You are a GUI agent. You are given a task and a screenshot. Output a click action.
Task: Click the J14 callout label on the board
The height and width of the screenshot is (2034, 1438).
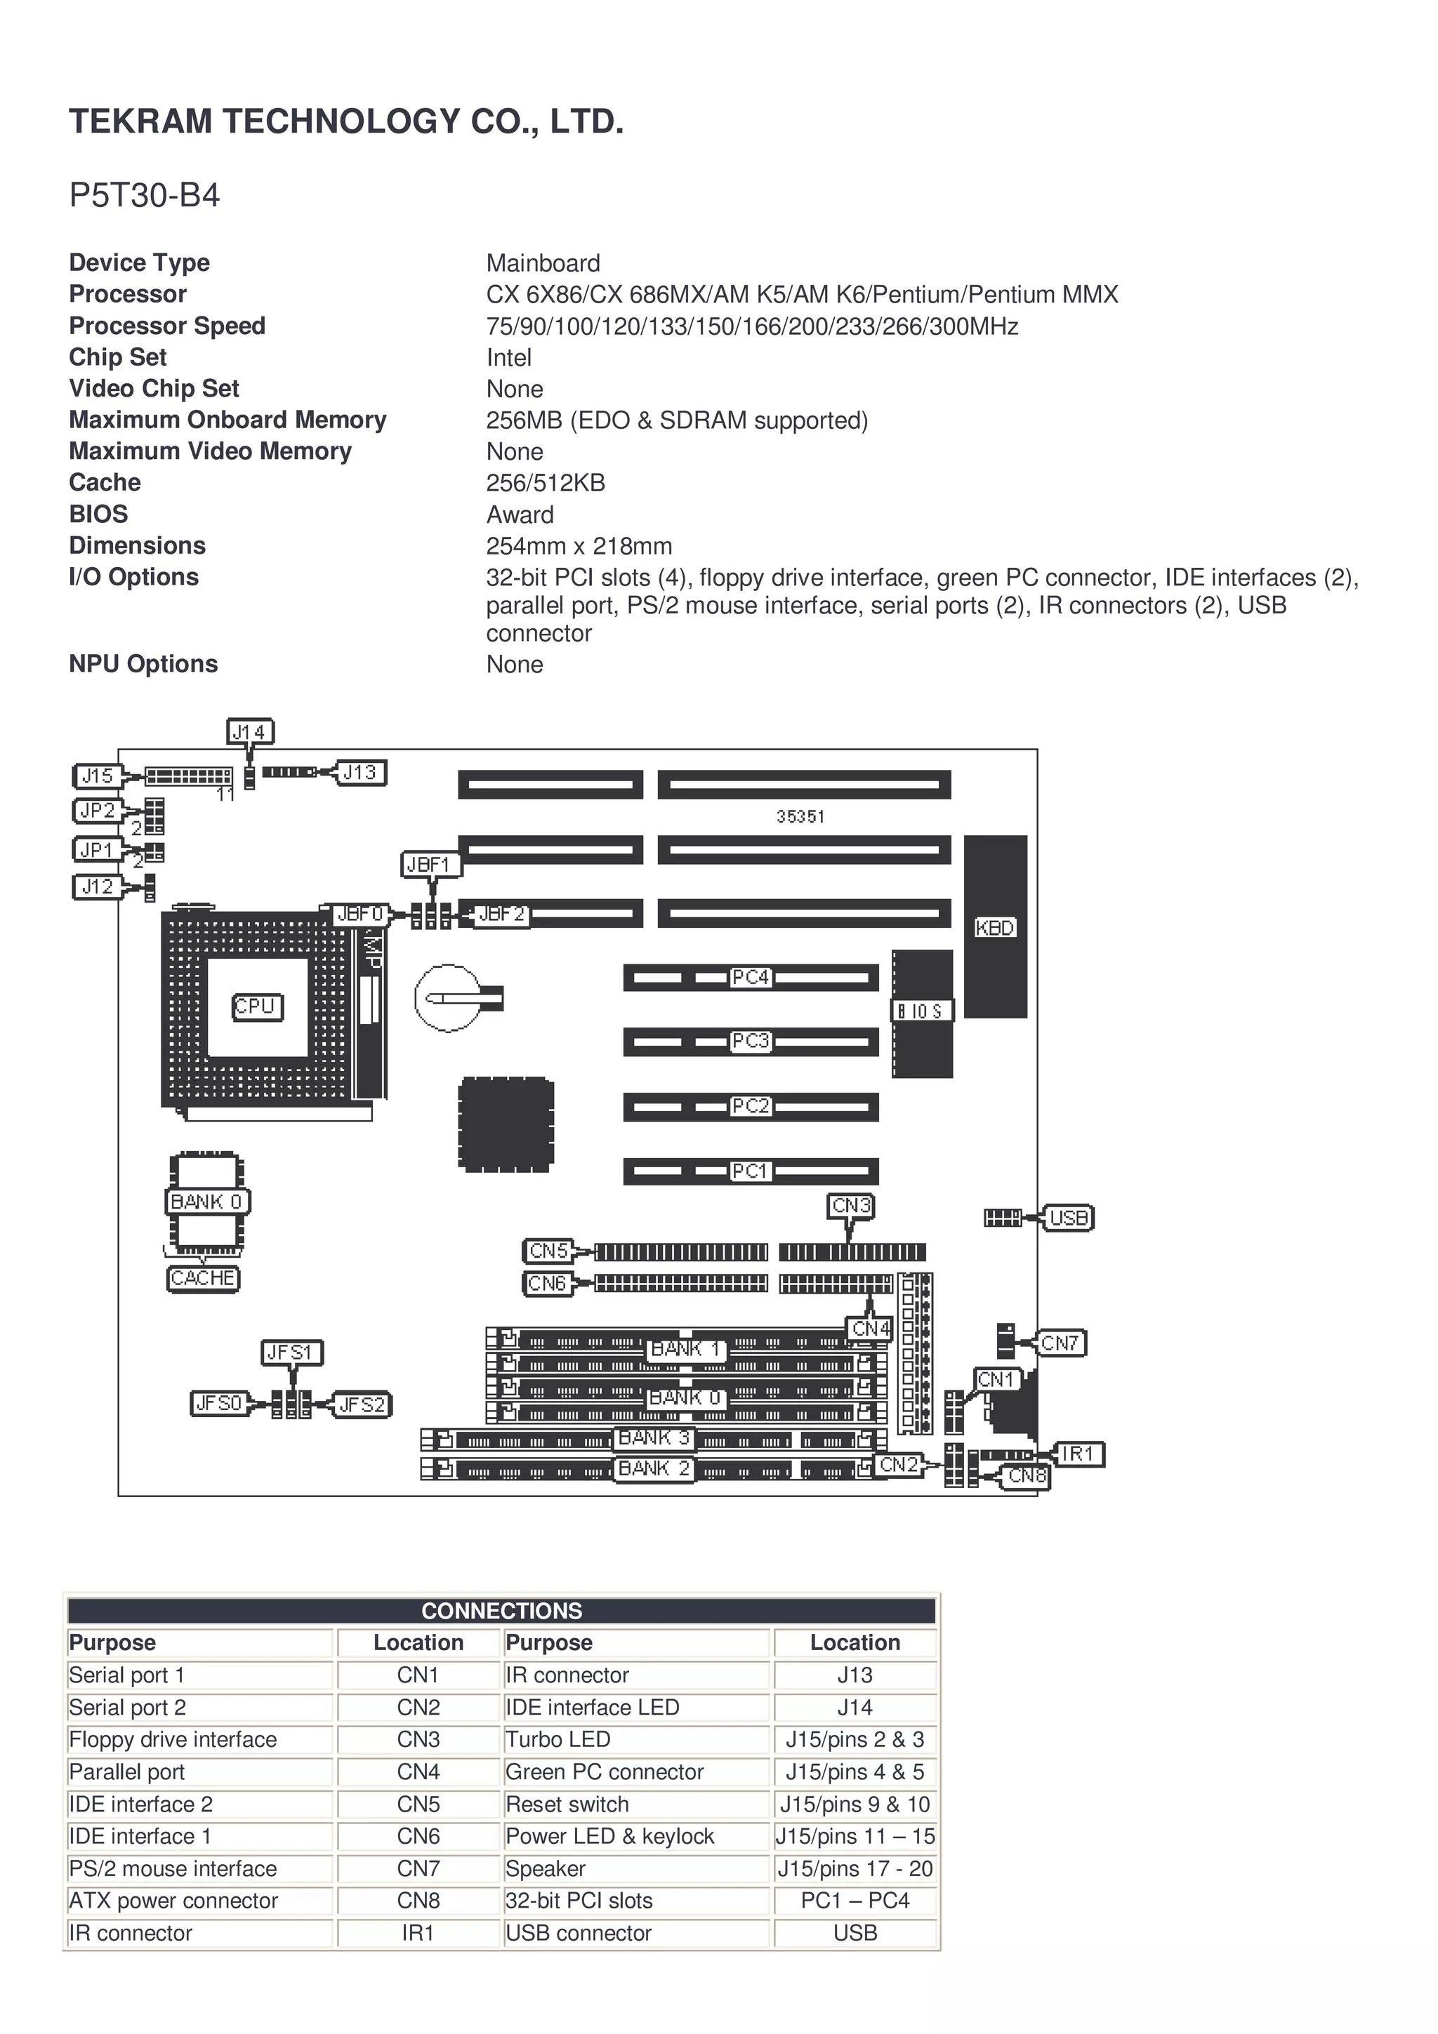coord(249,732)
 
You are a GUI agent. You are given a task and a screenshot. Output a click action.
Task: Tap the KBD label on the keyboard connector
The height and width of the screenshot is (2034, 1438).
coord(995,928)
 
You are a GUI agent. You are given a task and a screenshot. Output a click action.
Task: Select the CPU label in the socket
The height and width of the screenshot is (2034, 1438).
coord(257,1007)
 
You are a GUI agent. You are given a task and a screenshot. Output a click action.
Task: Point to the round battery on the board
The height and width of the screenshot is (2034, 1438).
coord(449,998)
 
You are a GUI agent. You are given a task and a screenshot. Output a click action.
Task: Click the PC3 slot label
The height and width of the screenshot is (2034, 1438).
coord(751,1041)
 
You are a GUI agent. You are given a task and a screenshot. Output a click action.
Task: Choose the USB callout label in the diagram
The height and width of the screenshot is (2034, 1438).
coord(1068,1218)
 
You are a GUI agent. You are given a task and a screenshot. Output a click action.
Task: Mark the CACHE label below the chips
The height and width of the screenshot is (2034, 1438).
coord(203,1278)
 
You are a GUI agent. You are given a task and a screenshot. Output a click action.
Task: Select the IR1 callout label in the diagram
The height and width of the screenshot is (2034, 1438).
coord(1078,1454)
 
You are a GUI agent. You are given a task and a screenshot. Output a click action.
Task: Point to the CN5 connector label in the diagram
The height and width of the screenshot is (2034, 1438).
coord(548,1251)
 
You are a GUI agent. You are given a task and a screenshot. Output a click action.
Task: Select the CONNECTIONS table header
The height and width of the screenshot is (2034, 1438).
coord(501,1611)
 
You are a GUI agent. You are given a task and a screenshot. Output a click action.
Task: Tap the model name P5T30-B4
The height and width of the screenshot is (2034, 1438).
coord(145,195)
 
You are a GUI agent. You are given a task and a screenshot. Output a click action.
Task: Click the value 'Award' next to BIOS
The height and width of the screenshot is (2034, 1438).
coord(520,514)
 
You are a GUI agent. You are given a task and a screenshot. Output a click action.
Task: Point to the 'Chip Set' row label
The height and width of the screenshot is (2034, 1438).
coord(118,357)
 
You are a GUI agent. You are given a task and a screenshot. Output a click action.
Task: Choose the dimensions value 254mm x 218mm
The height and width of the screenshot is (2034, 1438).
coord(579,546)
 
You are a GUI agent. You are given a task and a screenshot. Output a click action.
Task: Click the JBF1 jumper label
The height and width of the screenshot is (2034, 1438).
coord(430,865)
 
